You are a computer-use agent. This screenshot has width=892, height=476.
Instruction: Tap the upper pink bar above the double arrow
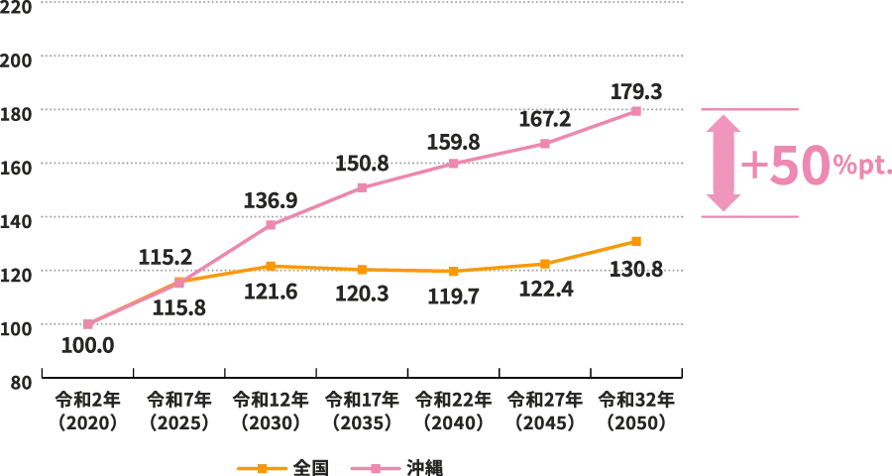749,107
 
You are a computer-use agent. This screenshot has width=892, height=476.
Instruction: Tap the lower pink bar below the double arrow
749,216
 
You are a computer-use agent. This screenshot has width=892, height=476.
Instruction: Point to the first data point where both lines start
87,325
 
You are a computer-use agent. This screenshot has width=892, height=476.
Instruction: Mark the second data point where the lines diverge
179,283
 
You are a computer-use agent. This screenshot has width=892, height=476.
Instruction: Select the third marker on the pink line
271,226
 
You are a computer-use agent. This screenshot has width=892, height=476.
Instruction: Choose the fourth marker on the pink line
362,186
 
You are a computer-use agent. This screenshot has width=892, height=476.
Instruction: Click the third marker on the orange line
271,265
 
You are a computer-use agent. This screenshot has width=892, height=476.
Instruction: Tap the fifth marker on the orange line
454,271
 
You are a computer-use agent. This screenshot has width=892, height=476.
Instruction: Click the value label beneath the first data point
87,346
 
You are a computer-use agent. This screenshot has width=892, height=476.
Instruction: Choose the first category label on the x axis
87,411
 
